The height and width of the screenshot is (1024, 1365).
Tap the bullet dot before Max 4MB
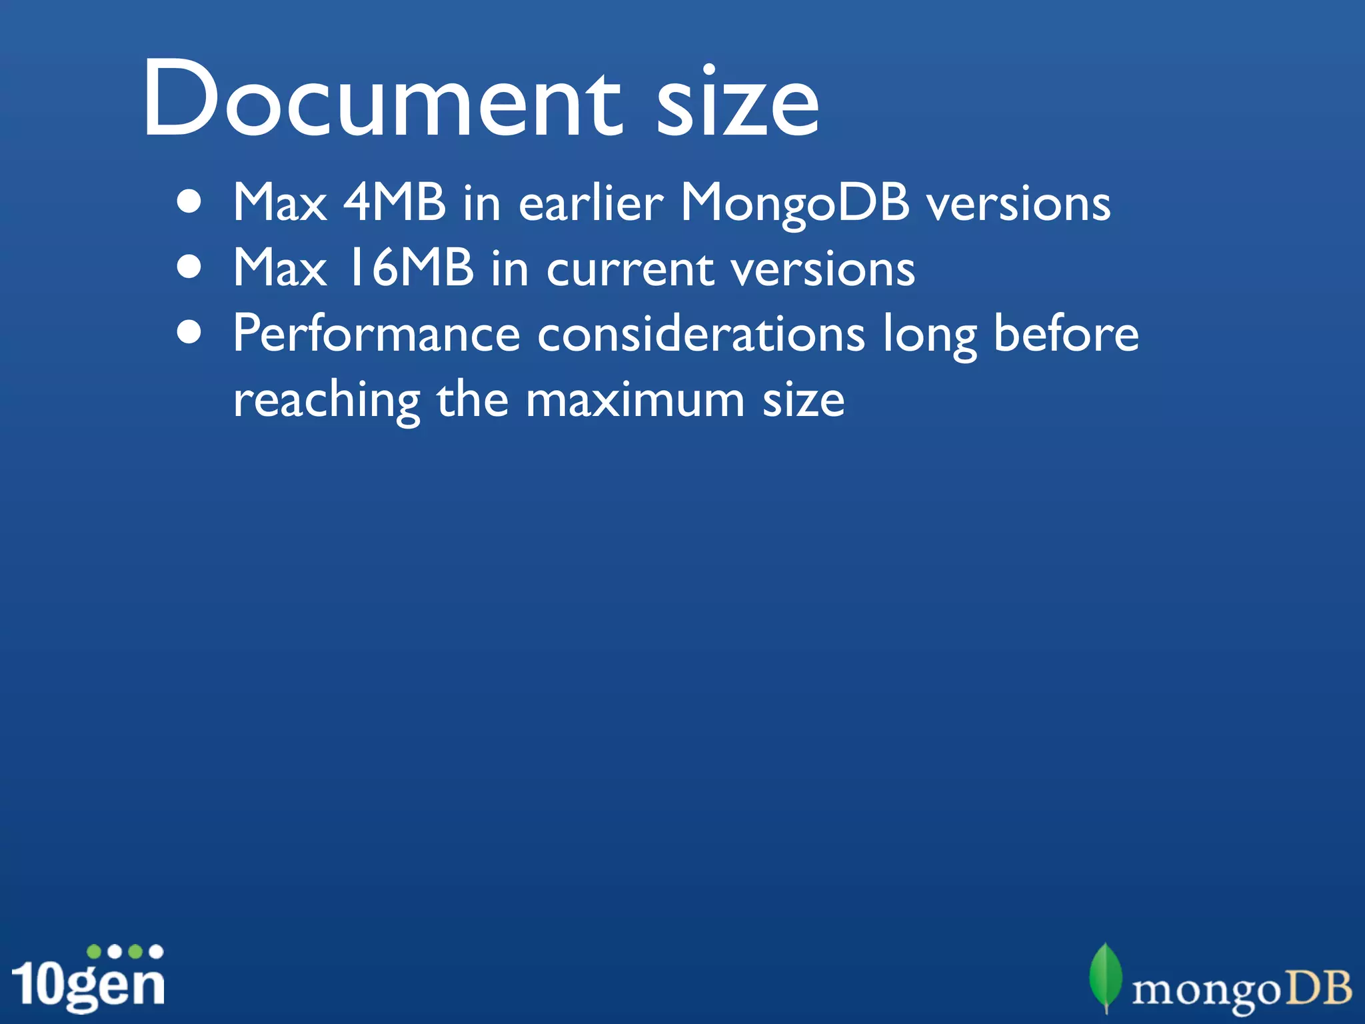click(190, 203)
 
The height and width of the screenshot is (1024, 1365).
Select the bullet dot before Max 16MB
click(190, 267)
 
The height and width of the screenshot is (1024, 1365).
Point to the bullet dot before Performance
click(190, 333)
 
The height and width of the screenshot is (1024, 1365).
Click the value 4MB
click(394, 202)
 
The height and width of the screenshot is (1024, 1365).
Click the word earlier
click(591, 202)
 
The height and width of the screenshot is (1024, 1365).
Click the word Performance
click(377, 333)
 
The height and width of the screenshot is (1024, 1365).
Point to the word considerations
click(701, 333)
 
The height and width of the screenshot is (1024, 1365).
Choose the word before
click(1066, 333)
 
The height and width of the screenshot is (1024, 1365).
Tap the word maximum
click(635, 400)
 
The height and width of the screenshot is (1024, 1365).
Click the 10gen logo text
click(88, 984)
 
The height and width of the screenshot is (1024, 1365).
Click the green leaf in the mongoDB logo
click(1105, 976)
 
